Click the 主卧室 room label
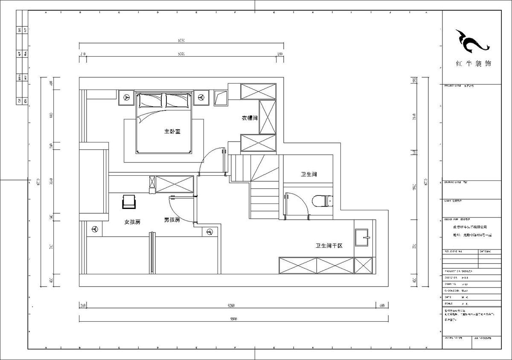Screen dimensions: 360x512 [x=172, y=131]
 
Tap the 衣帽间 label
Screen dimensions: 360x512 [x=249, y=118]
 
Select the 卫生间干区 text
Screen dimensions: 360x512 [x=329, y=246]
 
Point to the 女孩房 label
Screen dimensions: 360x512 [x=132, y=222]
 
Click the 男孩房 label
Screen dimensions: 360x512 [x=172, y=220]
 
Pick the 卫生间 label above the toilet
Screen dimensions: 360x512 [x=308, y=174]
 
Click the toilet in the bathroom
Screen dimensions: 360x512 [x=323, y=200]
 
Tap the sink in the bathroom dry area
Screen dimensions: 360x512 [x=362, y=237]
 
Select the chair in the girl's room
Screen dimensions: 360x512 [x=129, y=202]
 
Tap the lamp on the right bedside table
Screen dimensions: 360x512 [x=201, y=97]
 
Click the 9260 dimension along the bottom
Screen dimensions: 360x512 [x=231, y=305]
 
